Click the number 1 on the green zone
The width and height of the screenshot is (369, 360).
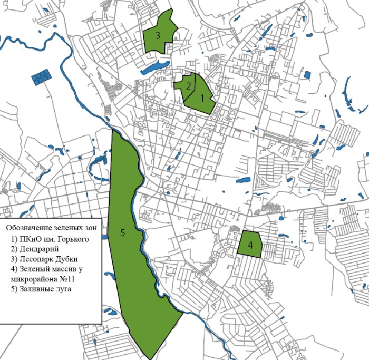coord(201,98)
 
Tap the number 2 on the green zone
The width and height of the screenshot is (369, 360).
coord(188,87)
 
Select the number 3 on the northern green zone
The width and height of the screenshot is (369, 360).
coord(158,36)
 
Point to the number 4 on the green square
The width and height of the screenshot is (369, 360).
coord(250,245)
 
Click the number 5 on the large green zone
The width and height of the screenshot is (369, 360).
coord(122,233)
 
